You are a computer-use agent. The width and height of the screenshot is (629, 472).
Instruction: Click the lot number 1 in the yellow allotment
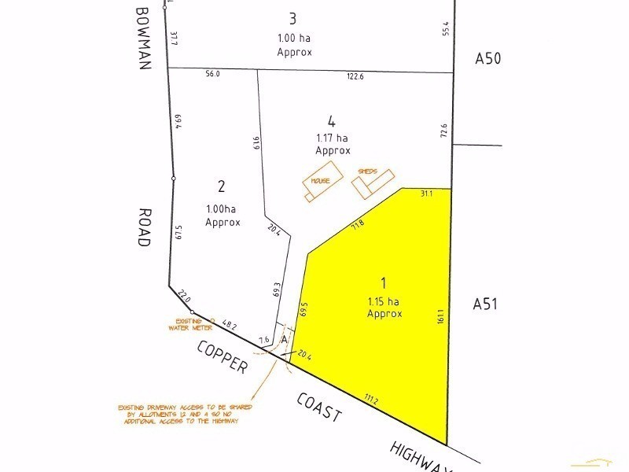tap(384, 282)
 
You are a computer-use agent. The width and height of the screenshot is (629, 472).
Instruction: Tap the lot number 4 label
tap(332, 121)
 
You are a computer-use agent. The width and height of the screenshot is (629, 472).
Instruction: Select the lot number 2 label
tap(222, 186)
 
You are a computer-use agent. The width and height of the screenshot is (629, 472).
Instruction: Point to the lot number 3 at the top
tap(294, 18)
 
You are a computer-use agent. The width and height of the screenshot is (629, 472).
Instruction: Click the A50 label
tap(487, 58)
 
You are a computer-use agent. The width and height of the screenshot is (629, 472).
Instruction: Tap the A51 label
tap(485, 304)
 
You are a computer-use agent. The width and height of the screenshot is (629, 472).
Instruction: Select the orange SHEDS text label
tap(368, 171)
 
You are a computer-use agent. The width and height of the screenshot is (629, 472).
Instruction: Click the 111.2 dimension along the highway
tap(370, 400)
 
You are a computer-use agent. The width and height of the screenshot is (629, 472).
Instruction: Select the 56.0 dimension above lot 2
tap(212, 74)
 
